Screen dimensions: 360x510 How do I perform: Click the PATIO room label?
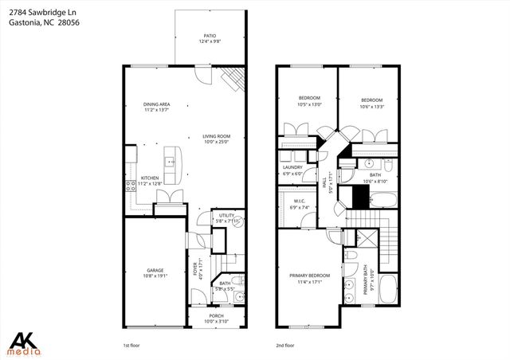click(x=210, y=36)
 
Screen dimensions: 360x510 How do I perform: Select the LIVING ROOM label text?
click(x=216, y=136)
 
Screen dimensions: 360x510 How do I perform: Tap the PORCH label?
click(x=216, y=315)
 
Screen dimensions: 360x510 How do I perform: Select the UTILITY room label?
click(x=227, y=214)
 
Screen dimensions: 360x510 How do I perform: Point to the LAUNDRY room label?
click(x=292, y=167)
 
